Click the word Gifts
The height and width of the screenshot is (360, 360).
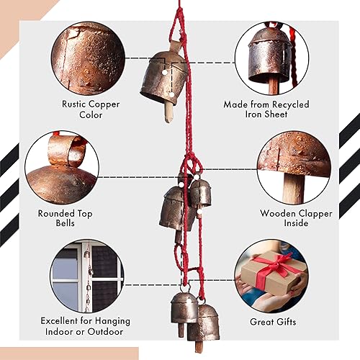coord(294,322)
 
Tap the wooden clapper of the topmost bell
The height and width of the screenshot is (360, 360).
coord(168,112)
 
